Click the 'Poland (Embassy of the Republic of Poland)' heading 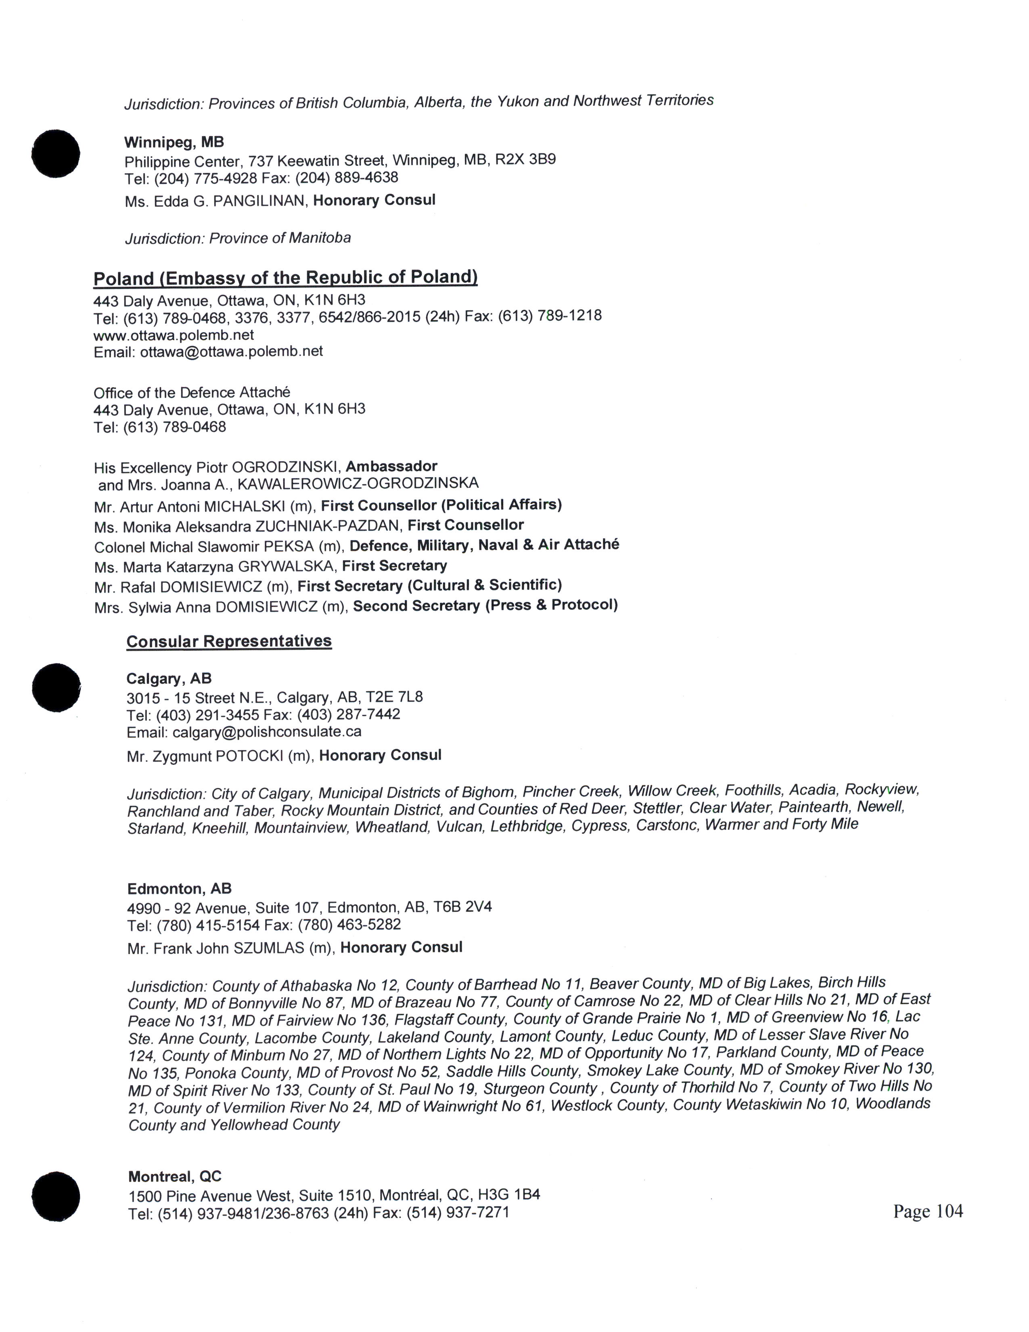[285, 278]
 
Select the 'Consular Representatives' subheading [229, 641]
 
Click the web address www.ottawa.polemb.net [174, 335]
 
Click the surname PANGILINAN [259, 201]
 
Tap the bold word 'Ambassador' [391, 466]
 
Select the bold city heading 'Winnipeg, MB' [174, 142]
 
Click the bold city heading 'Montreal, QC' [175, 1177]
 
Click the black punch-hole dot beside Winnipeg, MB [55, 154]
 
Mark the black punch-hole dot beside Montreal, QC [55, 1196]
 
